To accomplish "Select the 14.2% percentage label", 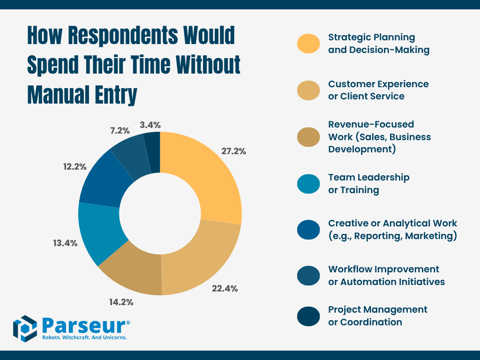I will [x=121, y=302].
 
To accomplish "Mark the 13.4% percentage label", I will [x=65, y=243].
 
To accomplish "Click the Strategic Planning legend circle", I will [x=308, y=43].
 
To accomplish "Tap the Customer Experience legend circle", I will [x=308, y=90].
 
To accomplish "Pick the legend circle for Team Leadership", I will [x=308, y=183].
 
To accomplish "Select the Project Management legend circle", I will [x=308, y=315].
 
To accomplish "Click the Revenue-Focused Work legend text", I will [x=379, y=137].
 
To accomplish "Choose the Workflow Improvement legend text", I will [x=386, y=275].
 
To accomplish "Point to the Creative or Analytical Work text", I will [x=392, y=229].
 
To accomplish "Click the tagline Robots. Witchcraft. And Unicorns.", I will [x=84, y=337].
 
